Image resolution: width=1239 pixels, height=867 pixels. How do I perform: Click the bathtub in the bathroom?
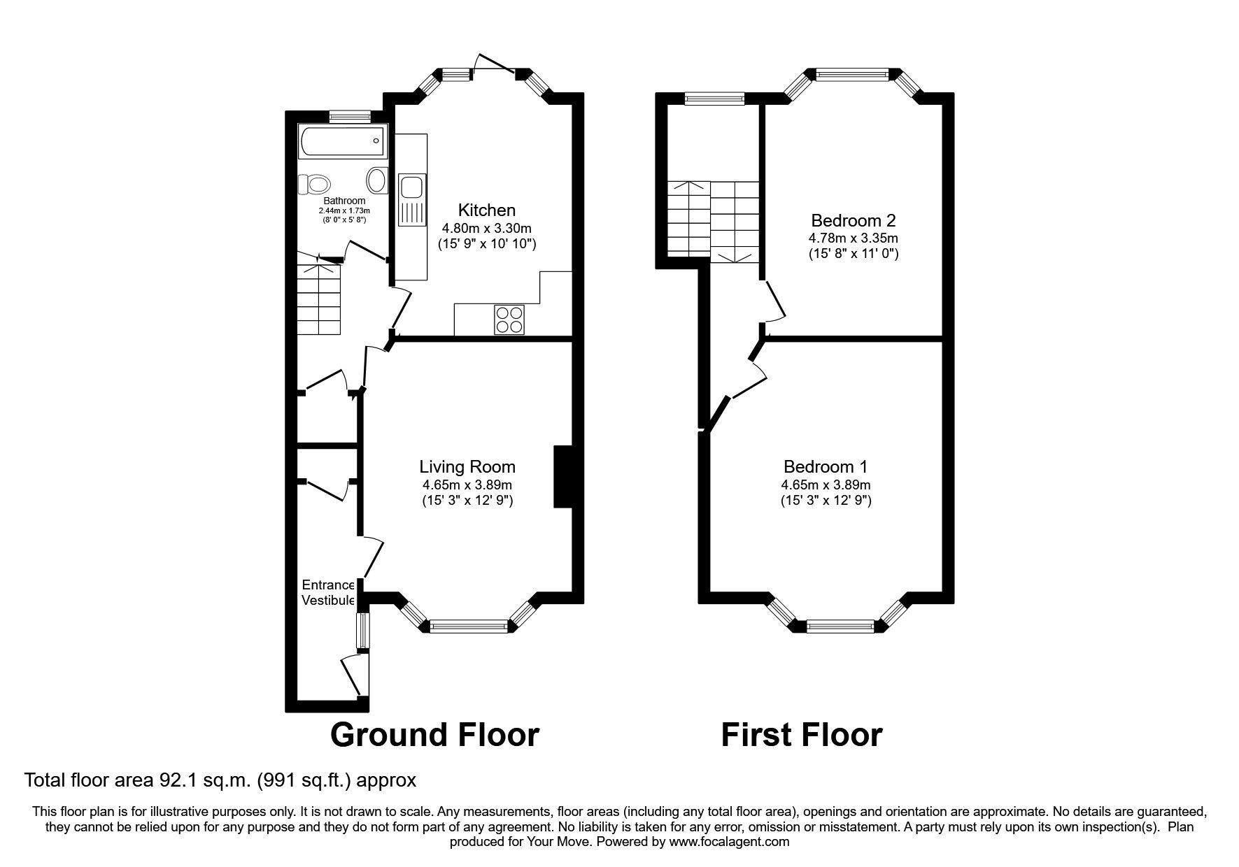pos(342,141)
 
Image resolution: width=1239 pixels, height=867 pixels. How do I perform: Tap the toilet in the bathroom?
pos(314,185)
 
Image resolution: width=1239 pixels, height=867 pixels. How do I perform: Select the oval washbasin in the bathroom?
pos(377,180)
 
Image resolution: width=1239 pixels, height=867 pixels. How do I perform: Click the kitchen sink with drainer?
pos(411,200)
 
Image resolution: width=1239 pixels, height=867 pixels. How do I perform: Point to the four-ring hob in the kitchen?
pos(509,320)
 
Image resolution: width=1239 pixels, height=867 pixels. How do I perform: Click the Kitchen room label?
pos(487,210)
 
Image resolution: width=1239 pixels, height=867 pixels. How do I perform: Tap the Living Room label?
pos(467,466)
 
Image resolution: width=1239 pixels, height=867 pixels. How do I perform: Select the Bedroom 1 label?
pos(826,466)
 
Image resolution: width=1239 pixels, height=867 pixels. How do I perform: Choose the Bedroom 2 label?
pos(854,220)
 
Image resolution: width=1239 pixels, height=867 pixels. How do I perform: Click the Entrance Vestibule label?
pos(327,592)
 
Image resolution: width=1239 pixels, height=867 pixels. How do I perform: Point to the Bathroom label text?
pos(344,201)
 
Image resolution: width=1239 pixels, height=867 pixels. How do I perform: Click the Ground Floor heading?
pos(434,735)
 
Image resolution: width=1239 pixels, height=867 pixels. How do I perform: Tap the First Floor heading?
pos(802,735)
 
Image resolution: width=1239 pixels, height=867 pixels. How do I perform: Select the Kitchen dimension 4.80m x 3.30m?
pos(487,228)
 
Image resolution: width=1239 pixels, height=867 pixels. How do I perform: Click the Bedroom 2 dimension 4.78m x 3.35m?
pos(854,238)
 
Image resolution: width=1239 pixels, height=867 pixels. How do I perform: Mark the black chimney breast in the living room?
pos(563,476)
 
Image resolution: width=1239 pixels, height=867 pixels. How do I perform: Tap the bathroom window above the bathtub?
pos(350,117)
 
